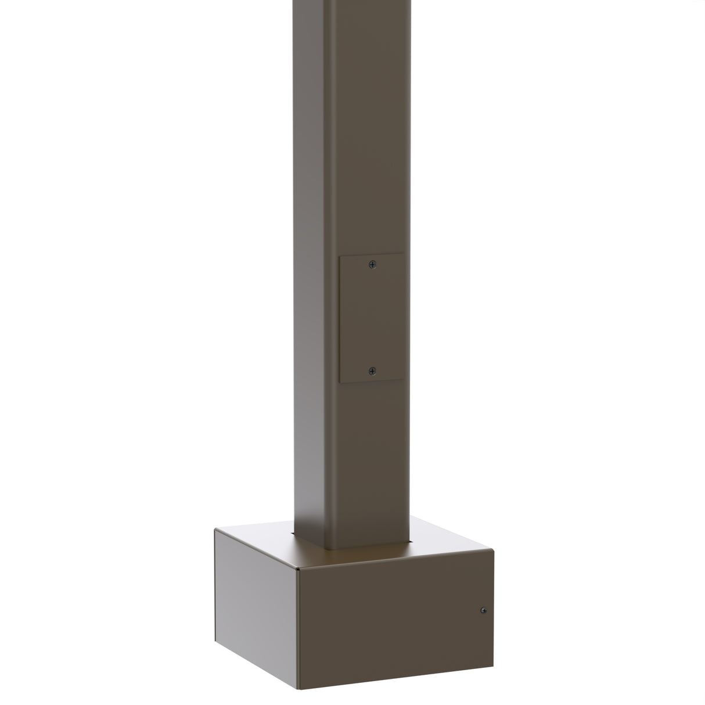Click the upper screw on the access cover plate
(372, 265)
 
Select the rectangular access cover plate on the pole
(372, 318)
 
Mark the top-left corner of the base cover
(215, 529)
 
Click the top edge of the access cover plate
(372, 253)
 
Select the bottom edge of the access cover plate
(372, 382)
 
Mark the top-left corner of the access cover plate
(340, 254)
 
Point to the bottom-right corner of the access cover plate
(404, 381)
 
